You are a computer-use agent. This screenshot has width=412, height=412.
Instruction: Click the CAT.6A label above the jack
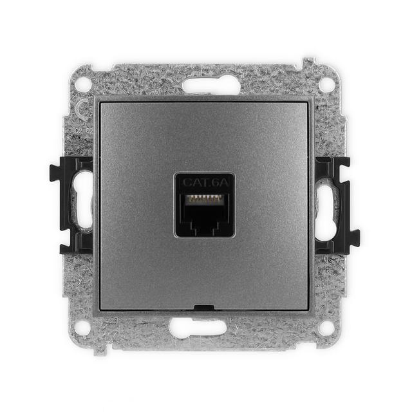tap(205, 182)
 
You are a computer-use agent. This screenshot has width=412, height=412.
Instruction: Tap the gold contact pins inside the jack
tap(205, 198)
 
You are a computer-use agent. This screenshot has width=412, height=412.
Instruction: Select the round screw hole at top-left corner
tap(83, 84)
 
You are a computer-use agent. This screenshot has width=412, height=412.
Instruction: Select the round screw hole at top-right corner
tap(327, 84)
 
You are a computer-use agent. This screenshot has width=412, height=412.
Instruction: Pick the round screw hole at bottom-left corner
tap(83, 328)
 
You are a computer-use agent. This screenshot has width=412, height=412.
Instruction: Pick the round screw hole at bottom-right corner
tap(327, 328)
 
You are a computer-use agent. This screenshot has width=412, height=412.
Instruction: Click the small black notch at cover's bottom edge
tap(205, 308)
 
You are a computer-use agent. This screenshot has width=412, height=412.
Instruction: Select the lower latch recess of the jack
tap(205, 226)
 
